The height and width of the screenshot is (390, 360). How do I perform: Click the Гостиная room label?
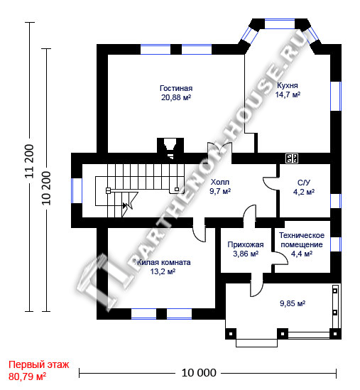point(176,88)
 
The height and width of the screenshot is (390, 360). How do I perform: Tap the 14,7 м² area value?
point(288,94)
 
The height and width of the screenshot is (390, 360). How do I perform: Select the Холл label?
point(220,182)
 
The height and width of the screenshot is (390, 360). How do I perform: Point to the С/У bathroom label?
point(304,183)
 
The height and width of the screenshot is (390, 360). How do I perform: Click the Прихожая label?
point(246,245)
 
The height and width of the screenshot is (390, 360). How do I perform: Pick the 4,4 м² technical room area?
point(302,254)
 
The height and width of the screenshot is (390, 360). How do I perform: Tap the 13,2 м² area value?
point(163,271)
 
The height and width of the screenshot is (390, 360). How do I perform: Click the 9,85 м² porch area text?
point(293,303)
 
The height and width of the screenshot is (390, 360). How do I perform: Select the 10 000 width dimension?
point(199,373)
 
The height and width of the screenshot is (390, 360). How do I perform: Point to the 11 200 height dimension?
point(29,161)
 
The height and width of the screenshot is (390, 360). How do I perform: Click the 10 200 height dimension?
point(46,188)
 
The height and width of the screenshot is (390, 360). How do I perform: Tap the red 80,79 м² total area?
point(27,377)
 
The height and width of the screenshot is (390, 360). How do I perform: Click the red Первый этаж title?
point(39,365)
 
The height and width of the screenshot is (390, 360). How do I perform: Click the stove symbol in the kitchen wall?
point(292,158)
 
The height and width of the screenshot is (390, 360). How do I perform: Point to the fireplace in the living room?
point(170,147)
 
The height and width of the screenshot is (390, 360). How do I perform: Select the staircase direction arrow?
point(125,206)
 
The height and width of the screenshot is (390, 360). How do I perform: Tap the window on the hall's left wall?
point(77,190)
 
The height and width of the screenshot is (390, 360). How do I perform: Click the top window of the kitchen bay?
point(280,24)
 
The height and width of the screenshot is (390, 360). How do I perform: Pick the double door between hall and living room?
point(220,148)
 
